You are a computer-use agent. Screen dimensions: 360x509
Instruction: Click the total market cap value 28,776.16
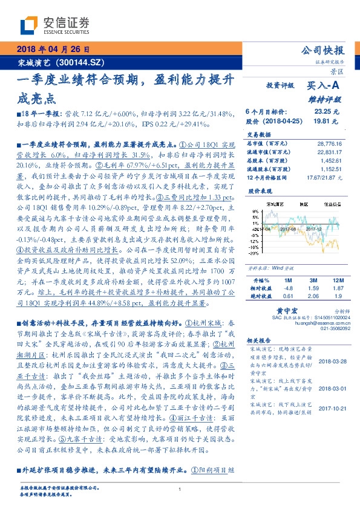click(x=329, y=144)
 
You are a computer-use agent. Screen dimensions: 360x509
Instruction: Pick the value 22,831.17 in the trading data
click(x=329, y=152)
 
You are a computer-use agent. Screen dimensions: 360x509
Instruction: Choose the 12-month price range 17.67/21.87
click(x=326, y=178)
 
